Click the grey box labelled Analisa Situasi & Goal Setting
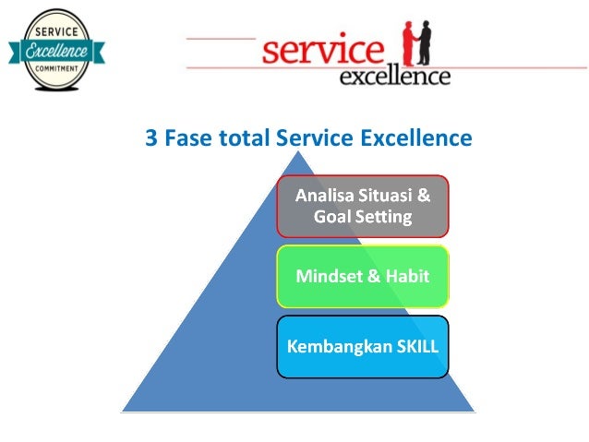pos(363,206)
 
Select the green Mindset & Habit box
pos(363,276)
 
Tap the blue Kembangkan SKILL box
pos(363,347)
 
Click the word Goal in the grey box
pos(331,218)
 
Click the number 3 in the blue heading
pos(151,138)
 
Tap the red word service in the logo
pos(322,50)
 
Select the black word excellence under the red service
pos(394,76)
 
